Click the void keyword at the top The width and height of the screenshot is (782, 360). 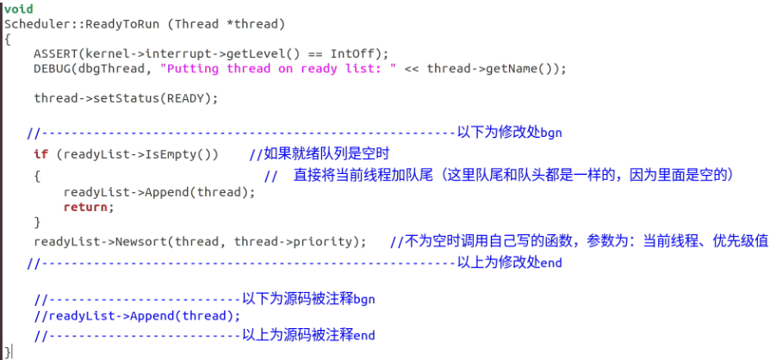click(x=18, y=9)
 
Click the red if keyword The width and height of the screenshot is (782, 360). click(x=40, y=154)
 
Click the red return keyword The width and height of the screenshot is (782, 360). click(x=88, y=207)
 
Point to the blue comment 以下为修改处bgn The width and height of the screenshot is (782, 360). click(x=509, y=133)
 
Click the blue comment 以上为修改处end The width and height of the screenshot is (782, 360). click(x=509, y=262)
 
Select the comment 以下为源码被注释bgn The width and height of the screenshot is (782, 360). click(x=307, y=299)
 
